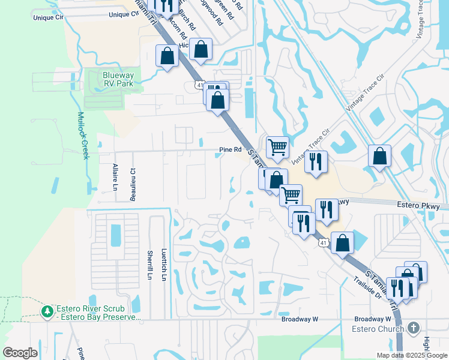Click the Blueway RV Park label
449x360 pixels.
tap(118, 79)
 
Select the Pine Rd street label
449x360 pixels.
tap(230, 150)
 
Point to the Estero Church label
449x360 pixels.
tap(376, 329)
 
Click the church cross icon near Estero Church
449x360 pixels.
tap(413, 328)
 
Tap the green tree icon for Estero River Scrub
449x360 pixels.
tap(47, 311)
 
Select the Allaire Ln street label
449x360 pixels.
tap(115, 176)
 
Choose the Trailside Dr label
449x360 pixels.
tap(368, 287)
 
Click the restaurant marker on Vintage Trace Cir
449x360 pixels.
tap(316, 161)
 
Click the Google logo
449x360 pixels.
tap(20, 353)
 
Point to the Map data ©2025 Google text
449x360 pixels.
tap(411, 355)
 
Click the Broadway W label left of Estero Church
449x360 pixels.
tap(300, 319)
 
